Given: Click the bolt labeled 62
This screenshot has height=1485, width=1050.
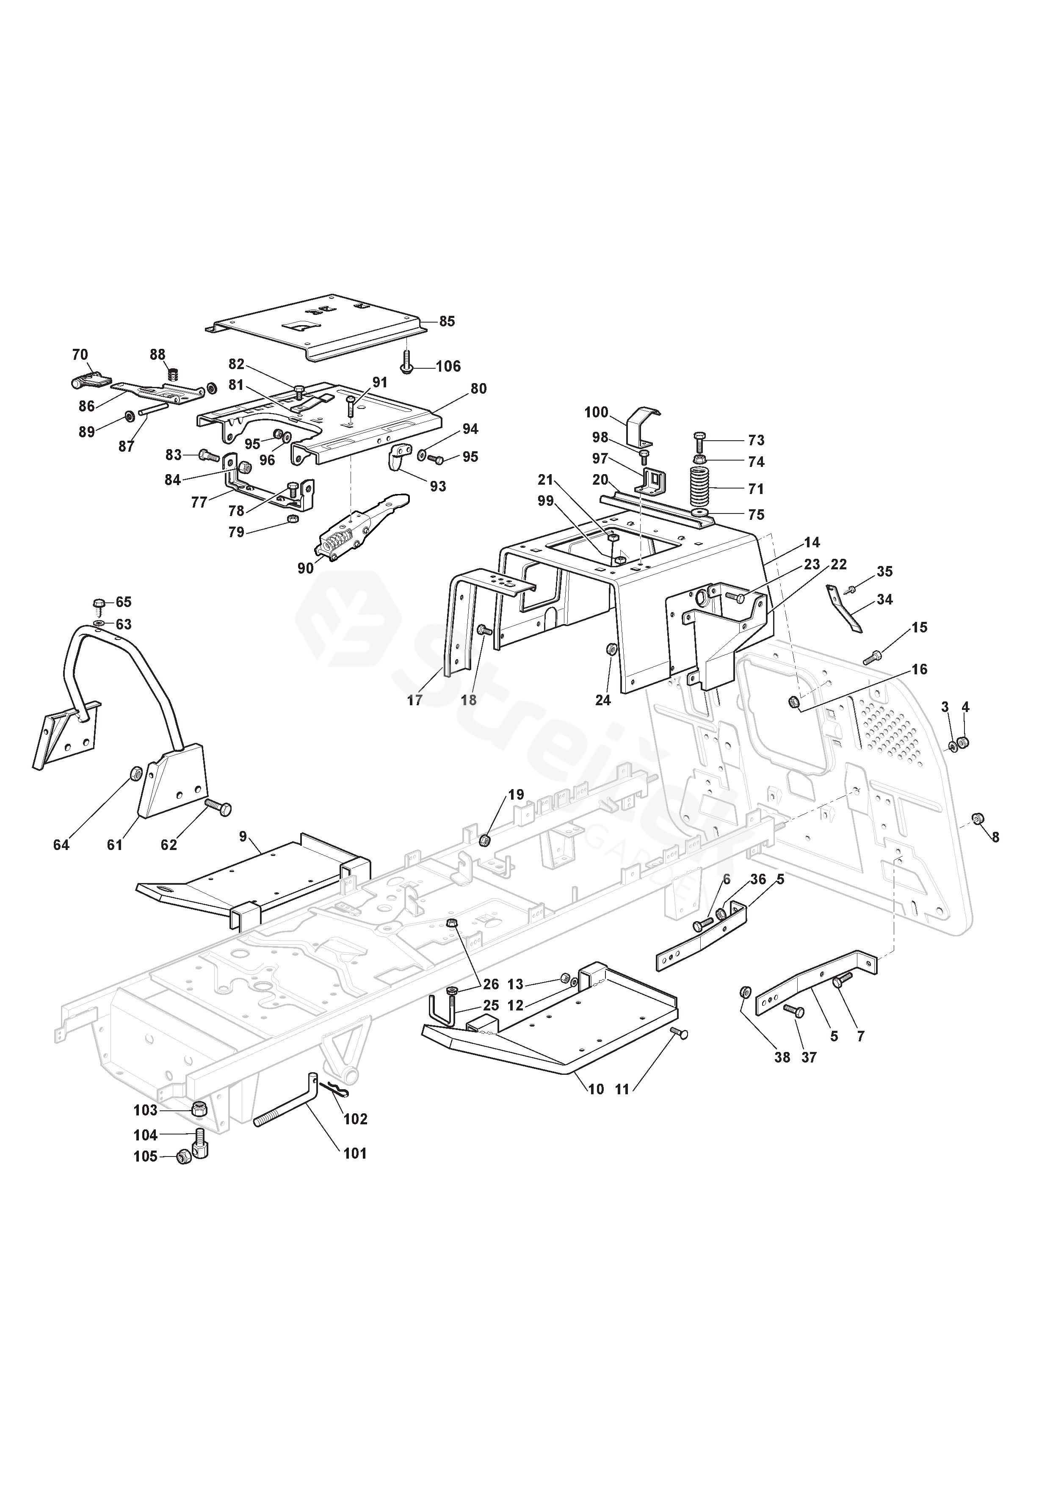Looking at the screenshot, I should pos(218,807).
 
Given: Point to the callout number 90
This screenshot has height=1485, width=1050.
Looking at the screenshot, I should pos(305,568).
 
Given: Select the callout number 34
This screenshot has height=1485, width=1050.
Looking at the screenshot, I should pos(884,599).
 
